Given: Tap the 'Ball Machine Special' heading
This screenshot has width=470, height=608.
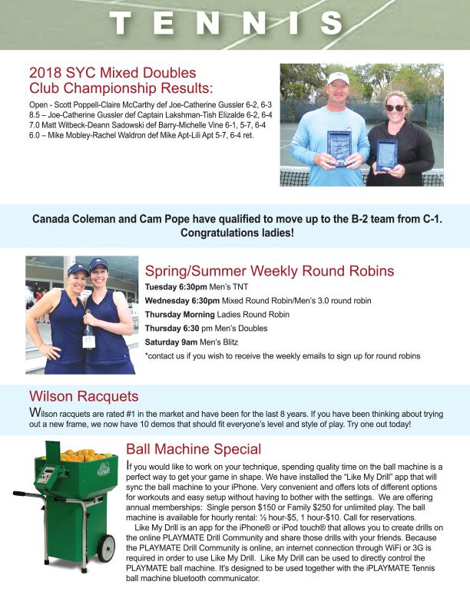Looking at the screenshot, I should pyautogui.click(x=194, y=449).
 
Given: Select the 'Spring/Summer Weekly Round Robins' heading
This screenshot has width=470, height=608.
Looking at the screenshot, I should pyautogui.click(x=270, y=271).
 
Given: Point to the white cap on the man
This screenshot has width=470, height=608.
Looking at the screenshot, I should pyautogui.click(x=339, y=78).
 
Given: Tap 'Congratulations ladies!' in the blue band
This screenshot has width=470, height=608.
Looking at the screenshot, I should pyautogui.click(x=234, y=232).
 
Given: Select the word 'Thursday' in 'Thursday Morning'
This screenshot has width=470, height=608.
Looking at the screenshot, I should pyautogui.click(x=162, y=314).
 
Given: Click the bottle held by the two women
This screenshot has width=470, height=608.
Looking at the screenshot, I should pyautogui.click(x=88, y=335).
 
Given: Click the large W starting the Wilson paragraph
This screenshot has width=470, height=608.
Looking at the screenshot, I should pyautogui.click(x=34, y=415).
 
